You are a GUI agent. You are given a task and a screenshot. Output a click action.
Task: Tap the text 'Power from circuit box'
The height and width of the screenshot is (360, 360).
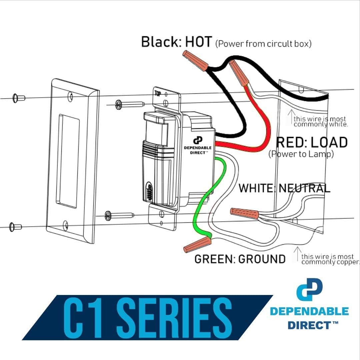tap(263, 44)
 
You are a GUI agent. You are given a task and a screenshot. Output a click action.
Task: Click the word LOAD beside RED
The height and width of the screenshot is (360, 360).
tap(329, 143)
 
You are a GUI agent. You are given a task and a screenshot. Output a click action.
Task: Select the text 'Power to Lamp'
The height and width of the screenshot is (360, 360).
tap(301, 154)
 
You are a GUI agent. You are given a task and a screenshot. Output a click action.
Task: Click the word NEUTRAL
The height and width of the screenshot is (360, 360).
tap(304, 188)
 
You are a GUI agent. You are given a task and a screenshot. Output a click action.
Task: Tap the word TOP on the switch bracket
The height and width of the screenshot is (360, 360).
tap(157, 94)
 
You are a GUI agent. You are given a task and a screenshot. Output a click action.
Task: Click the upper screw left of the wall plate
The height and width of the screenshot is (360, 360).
tap(19, 98)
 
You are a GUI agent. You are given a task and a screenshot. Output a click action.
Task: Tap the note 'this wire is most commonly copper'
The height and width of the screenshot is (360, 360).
tap(330, 259)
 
